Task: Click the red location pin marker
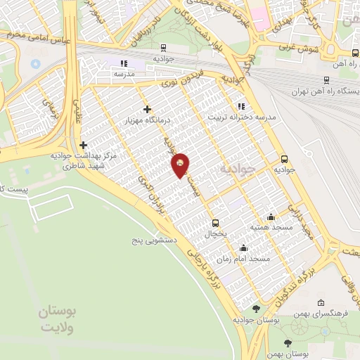[181, 165]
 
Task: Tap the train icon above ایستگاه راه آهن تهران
[327, 80]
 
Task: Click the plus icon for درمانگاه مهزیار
[147, 109]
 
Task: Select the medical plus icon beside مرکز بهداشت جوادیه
[84, 144]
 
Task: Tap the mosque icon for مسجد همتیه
[271, 217]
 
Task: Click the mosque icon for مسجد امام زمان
[243, 247]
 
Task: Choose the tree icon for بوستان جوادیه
[255, 308]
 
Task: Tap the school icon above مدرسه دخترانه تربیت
[241, 105]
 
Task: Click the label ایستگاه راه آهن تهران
[327, 92]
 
